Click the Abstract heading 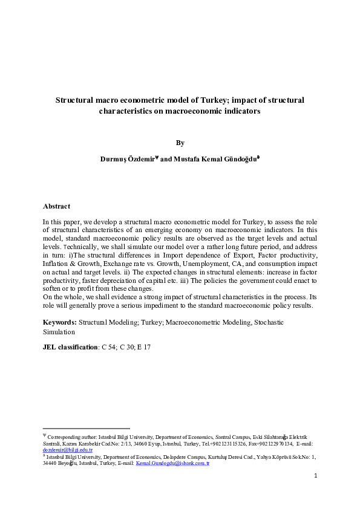point(56,206)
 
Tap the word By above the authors point(180,143)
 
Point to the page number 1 point(315,476)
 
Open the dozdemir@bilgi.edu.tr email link point(67,450)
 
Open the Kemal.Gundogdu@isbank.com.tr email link point(172,463)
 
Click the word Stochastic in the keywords point(267,323)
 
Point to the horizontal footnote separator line point(87,428)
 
